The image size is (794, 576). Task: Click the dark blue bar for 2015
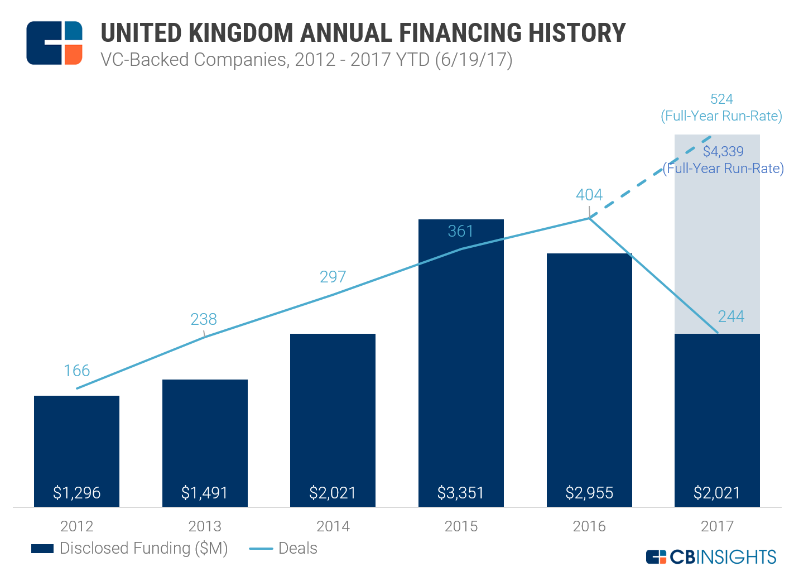pos(461,363)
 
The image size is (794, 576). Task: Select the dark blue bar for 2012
pos(76,447)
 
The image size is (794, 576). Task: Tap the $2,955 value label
pos(589,493)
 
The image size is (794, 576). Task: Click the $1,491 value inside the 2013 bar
pos(204,493)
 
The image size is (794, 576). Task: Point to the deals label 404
pos(589,195)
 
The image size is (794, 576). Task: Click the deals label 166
pos(76,371)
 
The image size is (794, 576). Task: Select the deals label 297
pos(333,277)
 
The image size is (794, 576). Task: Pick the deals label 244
pos(731,316)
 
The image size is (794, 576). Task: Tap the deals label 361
pos(460,231)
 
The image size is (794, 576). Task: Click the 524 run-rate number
pos(721,99)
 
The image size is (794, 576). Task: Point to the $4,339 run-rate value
pos(723,151)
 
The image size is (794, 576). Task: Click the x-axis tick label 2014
pos(333,526)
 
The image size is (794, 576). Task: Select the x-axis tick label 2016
pos(589,526)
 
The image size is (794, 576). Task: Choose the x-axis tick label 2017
pos(717,526)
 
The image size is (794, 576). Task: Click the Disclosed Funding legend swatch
pos(42,549)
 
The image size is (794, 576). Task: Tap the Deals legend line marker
pos(260,549)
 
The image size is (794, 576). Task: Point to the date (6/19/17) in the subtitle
pos(473,59)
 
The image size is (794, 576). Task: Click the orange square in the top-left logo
pos(73,55)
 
